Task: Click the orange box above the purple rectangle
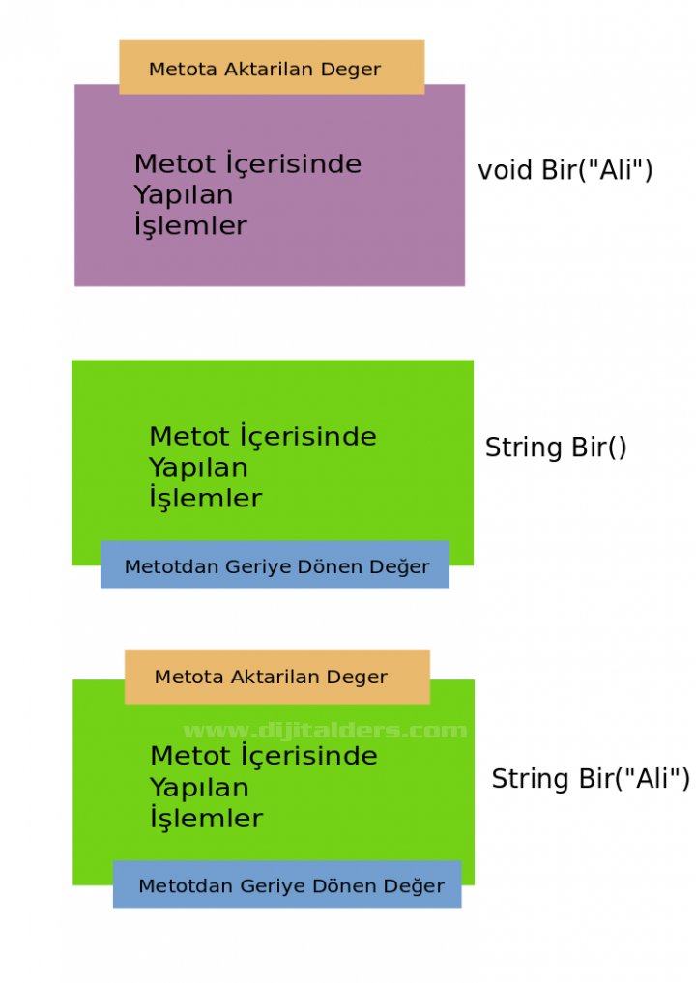[x=272, y=67]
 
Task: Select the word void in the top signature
[x=505, y=171]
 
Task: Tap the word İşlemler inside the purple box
[x=190, y=226]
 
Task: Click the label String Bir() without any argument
[x=556, y=448]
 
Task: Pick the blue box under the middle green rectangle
[x=275, y=565]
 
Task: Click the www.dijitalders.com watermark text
[x=325, y=731]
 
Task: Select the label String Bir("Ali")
[x=591, y=779]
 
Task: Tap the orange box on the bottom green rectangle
[x=276, y=677]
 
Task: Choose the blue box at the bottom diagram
[x=287, y=884]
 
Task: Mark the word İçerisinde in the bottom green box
[x=307, y=756]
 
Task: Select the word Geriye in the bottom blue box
[x=273, y=886]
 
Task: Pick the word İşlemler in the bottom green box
[x=206, y=819]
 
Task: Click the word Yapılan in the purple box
[x=183, y=195]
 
